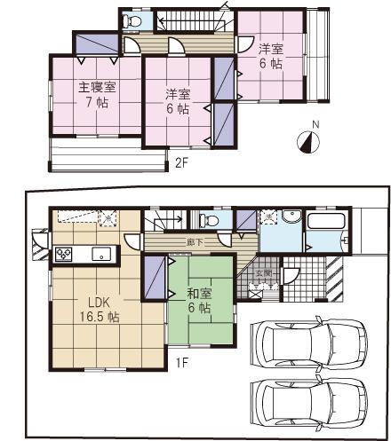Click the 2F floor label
pos(182,161)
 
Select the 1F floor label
pos(181,362)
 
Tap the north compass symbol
pos(307,142)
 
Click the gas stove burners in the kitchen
pos(65,254)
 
